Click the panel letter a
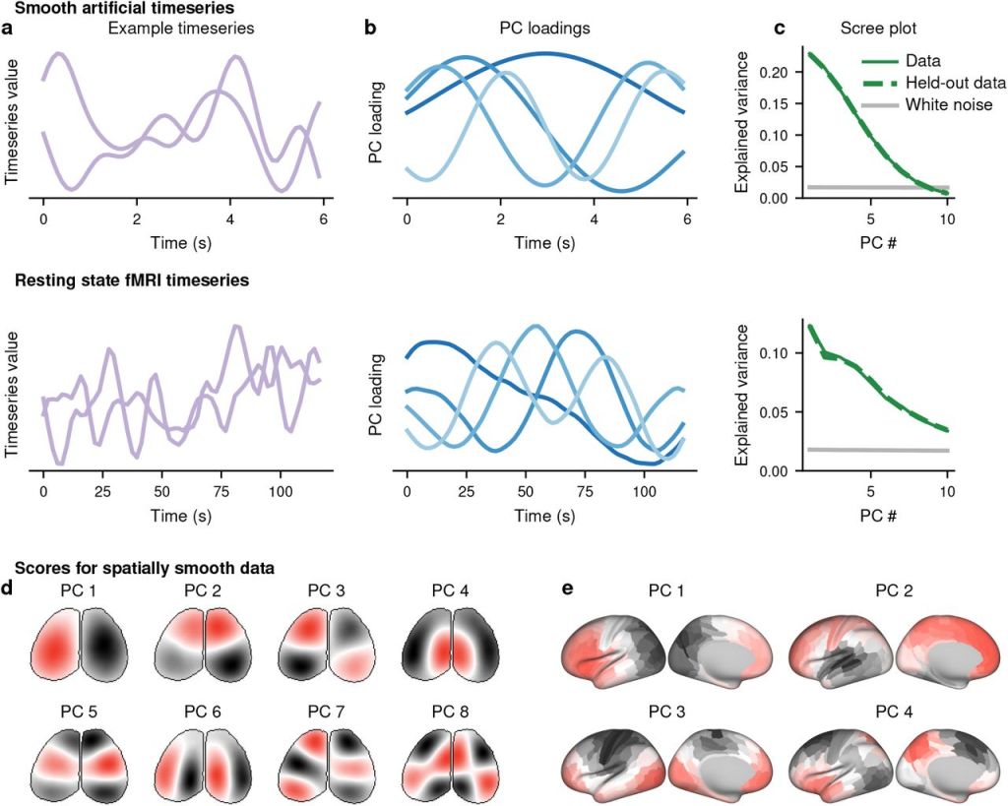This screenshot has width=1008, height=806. pyautogui.click(x=8, y=29)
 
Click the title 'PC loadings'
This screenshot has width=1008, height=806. pyautogui.click(x=546, y=29)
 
